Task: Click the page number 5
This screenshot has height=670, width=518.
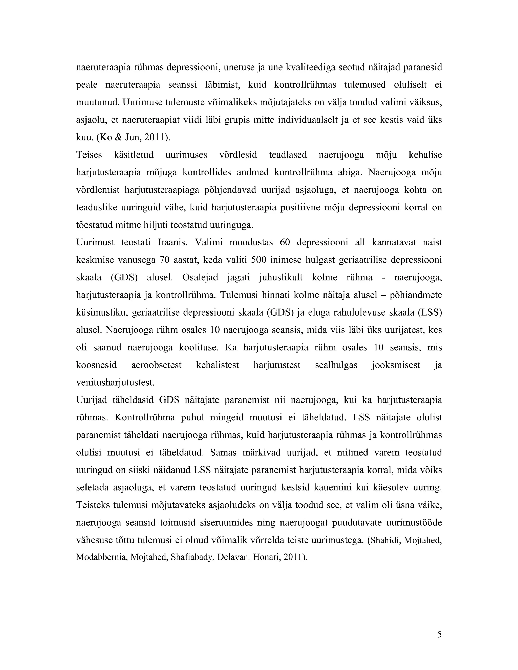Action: (439, 634)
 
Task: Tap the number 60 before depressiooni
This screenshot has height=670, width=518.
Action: (285, 242)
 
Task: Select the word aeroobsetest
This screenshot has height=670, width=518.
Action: (156, 365)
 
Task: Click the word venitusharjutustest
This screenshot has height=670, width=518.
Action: (115, 383)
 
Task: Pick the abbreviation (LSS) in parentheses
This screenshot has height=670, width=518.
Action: (430, 312)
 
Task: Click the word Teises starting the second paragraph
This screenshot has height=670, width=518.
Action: (89, 155)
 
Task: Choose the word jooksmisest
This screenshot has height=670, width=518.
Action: (396, 365)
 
